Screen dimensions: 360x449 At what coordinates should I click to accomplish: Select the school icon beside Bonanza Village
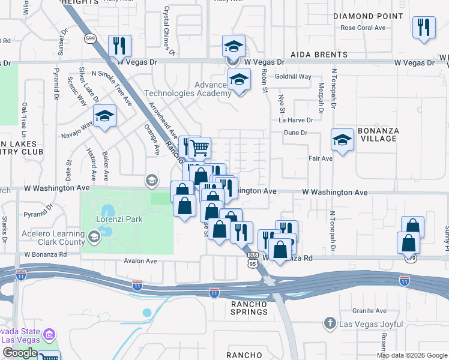coord(342,141)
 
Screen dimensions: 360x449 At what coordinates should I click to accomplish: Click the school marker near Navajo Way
coord(104,116)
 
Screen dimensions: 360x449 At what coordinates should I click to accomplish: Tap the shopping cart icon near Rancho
coord(200,146)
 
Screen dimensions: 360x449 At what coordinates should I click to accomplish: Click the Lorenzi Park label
coord(119,220)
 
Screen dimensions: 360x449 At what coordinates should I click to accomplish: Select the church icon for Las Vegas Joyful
coord(329,324)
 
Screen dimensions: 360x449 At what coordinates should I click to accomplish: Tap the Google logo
coord(20,353)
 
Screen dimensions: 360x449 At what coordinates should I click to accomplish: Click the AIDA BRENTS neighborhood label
coord(319,55)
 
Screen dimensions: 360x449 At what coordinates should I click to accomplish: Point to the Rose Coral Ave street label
coord(363,28)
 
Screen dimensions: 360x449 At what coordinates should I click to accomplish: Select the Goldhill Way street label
coord(293,77)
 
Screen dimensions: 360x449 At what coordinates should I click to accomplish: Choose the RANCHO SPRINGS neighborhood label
coord(249,308)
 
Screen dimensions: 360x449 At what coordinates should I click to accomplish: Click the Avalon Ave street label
coord(140,261)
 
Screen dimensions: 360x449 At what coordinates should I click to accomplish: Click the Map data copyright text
coord(412,355)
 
